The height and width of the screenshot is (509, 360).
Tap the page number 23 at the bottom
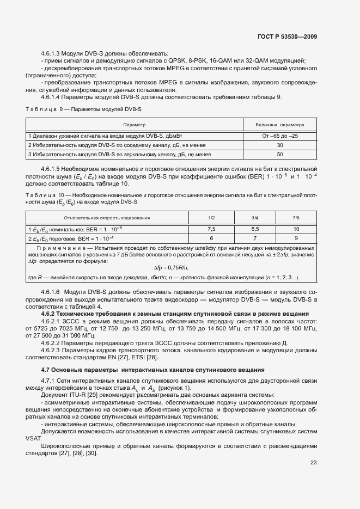click(313, 463)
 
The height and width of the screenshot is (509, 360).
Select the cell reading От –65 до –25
click(280, 136)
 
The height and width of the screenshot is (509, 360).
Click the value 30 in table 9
click(280, 145)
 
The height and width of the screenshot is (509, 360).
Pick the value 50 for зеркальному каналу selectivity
click(280, 155)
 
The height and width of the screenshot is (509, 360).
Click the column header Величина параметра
click(280, 124)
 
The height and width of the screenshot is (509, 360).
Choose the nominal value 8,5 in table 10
click(255, 229)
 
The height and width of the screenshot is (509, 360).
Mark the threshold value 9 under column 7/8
click(296, 238)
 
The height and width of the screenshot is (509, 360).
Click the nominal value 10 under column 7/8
click(296, 229)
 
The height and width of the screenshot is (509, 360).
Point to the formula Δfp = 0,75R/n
click(171, 267)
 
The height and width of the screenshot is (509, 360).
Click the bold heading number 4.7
click(46, 370)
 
